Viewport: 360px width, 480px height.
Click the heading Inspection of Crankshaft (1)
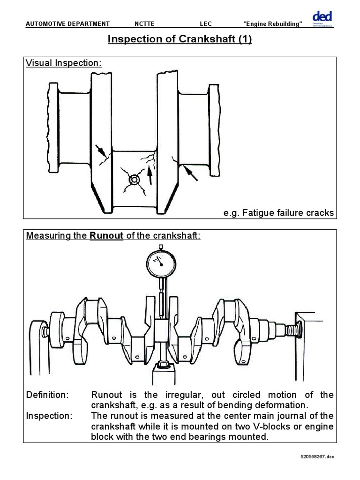[x=180, y=39]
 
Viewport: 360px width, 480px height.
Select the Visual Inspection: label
[x=63, y=63]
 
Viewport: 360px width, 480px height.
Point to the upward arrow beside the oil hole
[x=150, y=175]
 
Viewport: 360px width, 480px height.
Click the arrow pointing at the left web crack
[x=100, y=150]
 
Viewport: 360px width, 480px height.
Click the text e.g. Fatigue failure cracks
[x=278, y=213]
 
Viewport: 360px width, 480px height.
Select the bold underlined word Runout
[x=106, y=236]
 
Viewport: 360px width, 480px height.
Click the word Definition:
[x=47, y=395]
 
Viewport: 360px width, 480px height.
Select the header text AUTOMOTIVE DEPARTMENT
[x=67, y=24]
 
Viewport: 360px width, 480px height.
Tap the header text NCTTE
[x=144, y=24]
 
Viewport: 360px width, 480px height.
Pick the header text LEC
[x=206, y=24]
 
